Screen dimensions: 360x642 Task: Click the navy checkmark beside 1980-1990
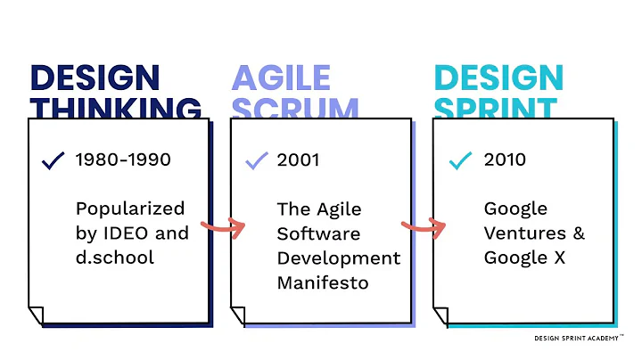[x=53, y=160]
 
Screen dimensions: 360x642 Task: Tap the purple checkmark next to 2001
[x=256, y=160]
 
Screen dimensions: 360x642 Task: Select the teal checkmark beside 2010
[x=460, y=160]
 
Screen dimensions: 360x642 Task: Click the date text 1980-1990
[x=123, y=160]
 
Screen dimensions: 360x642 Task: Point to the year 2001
[x=298, y=160]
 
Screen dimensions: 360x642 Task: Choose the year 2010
[x=505, y=160]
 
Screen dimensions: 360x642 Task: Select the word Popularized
[x=130, y=209]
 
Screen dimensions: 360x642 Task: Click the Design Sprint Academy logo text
[x=584, y=339]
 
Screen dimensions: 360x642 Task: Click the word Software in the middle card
[x=318, y=233]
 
